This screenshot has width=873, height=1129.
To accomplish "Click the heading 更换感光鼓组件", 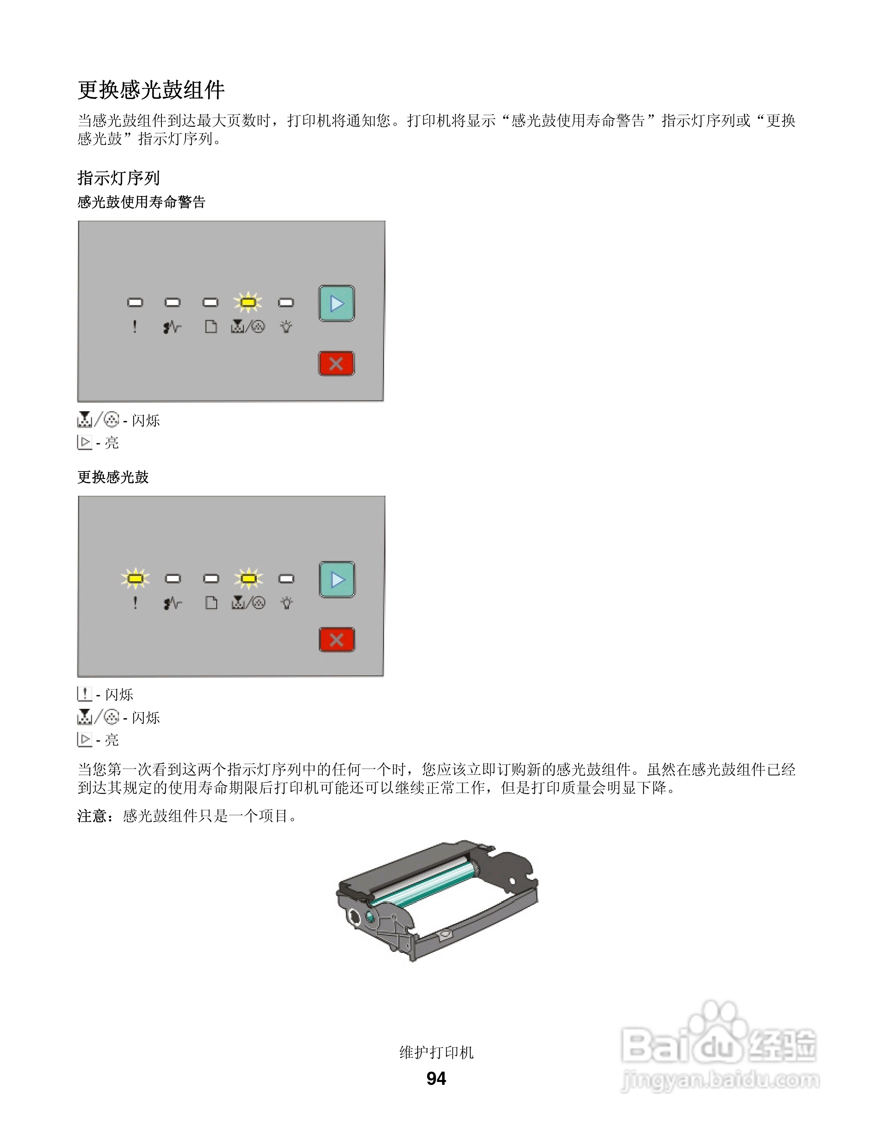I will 151,90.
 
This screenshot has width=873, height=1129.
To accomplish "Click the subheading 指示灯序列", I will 118,178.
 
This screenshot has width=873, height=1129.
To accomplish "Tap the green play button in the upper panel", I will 337,303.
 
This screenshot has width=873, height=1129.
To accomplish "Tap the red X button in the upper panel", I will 336,364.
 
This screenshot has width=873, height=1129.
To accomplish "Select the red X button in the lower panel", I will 337,640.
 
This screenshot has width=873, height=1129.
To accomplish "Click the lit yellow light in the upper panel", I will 248,303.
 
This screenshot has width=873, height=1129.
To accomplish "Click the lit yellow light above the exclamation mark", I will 136,578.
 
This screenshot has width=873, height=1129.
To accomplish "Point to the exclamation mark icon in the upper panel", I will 135,327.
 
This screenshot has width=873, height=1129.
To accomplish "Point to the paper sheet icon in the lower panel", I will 211,603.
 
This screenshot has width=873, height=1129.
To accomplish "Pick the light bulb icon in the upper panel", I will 286,327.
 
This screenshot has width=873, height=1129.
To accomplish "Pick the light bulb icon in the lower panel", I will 286,603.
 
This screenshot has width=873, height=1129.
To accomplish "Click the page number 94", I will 436,1078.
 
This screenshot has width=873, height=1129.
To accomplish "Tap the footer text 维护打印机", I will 436,1052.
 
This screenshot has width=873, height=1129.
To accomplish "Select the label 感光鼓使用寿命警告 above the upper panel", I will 141,202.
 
